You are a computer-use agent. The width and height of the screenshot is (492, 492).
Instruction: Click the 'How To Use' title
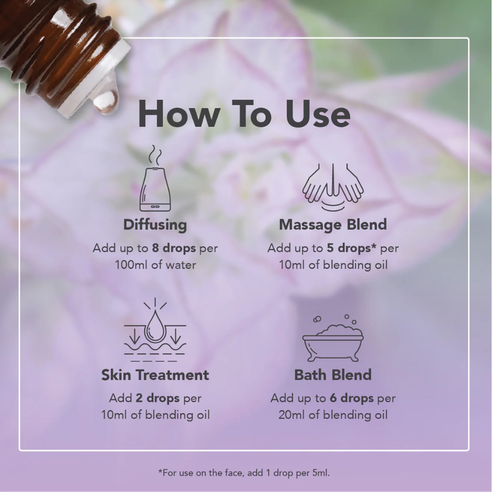[x=244, y=114]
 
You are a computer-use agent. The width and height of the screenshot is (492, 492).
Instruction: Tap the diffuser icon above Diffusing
[x=155, y=178]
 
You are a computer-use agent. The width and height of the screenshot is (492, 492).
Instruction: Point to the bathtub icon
[x=333, y=338]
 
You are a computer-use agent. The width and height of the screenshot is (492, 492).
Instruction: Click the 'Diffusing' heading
[x=155, y=225]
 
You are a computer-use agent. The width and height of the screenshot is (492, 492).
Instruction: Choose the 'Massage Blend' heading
[x=333, y=225]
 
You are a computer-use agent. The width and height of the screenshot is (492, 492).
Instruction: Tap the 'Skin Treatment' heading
[x=155, y=375]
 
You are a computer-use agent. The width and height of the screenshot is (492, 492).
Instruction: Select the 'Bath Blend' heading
[x=333, y=375]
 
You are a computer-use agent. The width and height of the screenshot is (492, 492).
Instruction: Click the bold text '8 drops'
[x=174, y=248]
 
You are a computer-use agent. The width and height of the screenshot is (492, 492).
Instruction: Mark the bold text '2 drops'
[x=158, y=398]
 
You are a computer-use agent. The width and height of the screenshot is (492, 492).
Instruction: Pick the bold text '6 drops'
[x=351, y=398]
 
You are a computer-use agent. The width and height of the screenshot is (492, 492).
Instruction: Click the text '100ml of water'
[x=155, y=265]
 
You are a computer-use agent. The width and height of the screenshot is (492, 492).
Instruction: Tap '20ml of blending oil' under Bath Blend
[x=333, y=415]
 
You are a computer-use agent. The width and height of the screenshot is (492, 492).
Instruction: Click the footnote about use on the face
[x=244, y=473]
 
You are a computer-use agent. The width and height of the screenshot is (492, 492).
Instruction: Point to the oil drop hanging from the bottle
[x=106, y=100]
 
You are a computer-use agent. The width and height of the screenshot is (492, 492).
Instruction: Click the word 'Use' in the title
[x=318, y=114]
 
